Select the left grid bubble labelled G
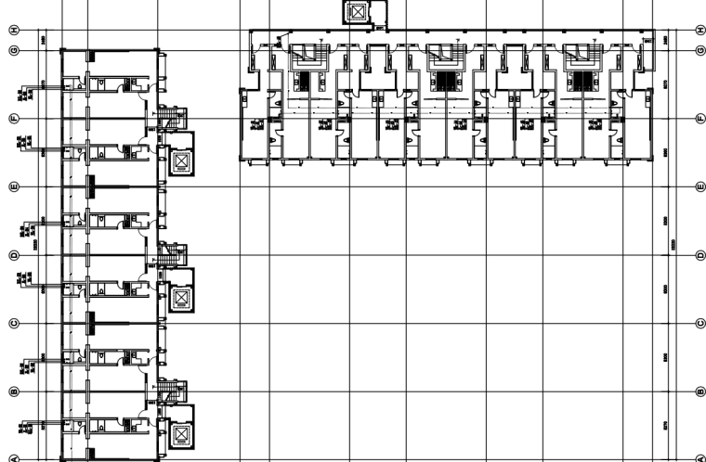tap(13, 50)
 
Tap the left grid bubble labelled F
tap(13, 118)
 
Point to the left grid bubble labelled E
tap(13, 186)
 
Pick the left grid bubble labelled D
tap(13, 254)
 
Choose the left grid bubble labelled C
tap(13, 323)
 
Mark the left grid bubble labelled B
tap(13, 391)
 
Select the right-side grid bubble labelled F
tap(699, 118)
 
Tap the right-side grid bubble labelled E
tap(699, 186)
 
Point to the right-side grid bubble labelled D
tap(699, 254)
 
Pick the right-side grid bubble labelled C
tap(699, 323)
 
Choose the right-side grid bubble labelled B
tap(699, 391)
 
